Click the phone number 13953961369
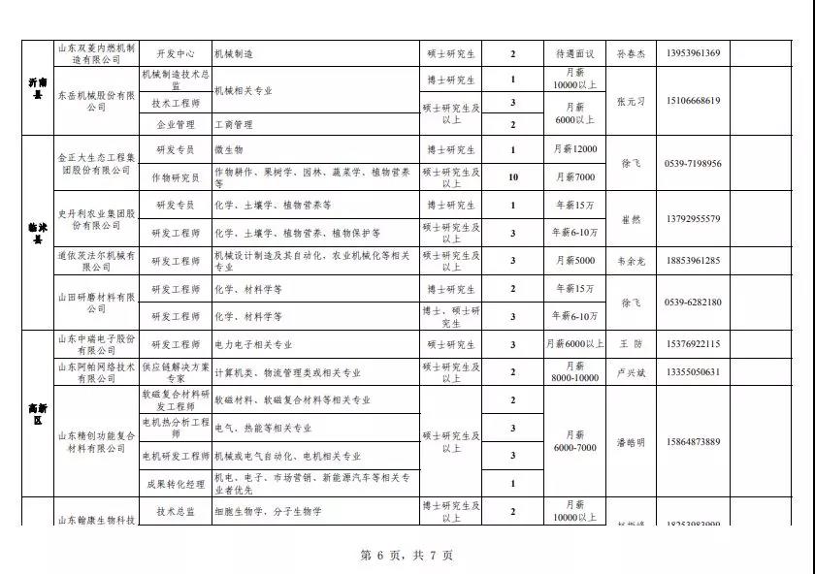click(x=694, y=53)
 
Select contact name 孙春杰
click(x=630, y=54)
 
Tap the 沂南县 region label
click(x=37, y=88)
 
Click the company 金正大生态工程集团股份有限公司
click(x=94, y=163)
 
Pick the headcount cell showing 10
click(x=513, y=177)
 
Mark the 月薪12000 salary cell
click(x=575, y=150)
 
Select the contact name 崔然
click(x=630, y=219)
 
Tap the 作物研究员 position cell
click(x=176, y=177)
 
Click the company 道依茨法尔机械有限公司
click(x=94, y=261)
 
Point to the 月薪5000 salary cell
click(x=575, y=261)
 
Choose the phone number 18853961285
click(x=694, y=261)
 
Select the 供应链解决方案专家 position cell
click(x=176, y=371)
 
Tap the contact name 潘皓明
click(x=630, y=442)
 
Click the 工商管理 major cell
click(x=233, y=125)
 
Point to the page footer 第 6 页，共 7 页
click(x=407, y=556)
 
